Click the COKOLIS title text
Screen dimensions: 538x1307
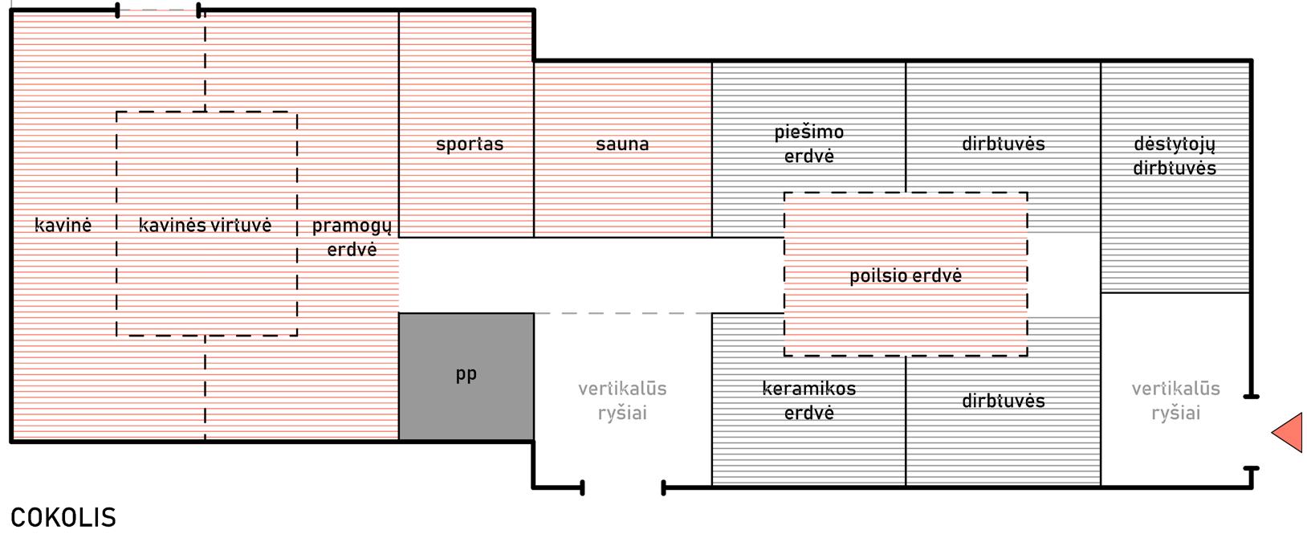pyautogui.click(x=63, y=518)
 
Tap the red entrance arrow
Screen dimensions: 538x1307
pyautogui.click(x=1289, y=433)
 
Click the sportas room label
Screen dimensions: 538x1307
pyautogui.click(x=470, y=145)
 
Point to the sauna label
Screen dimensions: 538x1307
pyautogui.click(x=622, y=145)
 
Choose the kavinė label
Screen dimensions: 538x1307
pyautogui.click(x=63, y=226)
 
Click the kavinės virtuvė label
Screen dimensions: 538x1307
pyautogui.click(x=206, y=226)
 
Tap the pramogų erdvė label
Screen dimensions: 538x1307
pyautogui.click(x=352, y=238)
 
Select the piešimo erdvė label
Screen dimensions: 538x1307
pyautogui.click(x=808, y=145)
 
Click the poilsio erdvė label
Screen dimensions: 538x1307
pyautogui.click(x=906, y=276)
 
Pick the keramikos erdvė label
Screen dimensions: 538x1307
pyautogui.click(x=808, y=401)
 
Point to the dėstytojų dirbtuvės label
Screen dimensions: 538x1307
pyautogui.click(x=1175, y=157)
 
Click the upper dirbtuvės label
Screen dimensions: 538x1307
pyautogui.click(x=1004, y=145)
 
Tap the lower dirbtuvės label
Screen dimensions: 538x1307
pyautogui.click(x=1004, y=401)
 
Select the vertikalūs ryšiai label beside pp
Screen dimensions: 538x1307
pyautogui.click(x=622, y=401)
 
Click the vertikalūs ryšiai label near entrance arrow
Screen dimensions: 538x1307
pyautogui.click(x=1175, y=401)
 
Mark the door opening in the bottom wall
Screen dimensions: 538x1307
pyautogui.click(x=623, y=487)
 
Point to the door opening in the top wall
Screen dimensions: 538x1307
pyautogui.click(x=159, y=10)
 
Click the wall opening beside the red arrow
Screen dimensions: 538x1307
pyautogui.click(x=1251, y=432)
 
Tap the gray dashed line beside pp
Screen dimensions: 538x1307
pyautogui.click(x=622, y=313)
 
